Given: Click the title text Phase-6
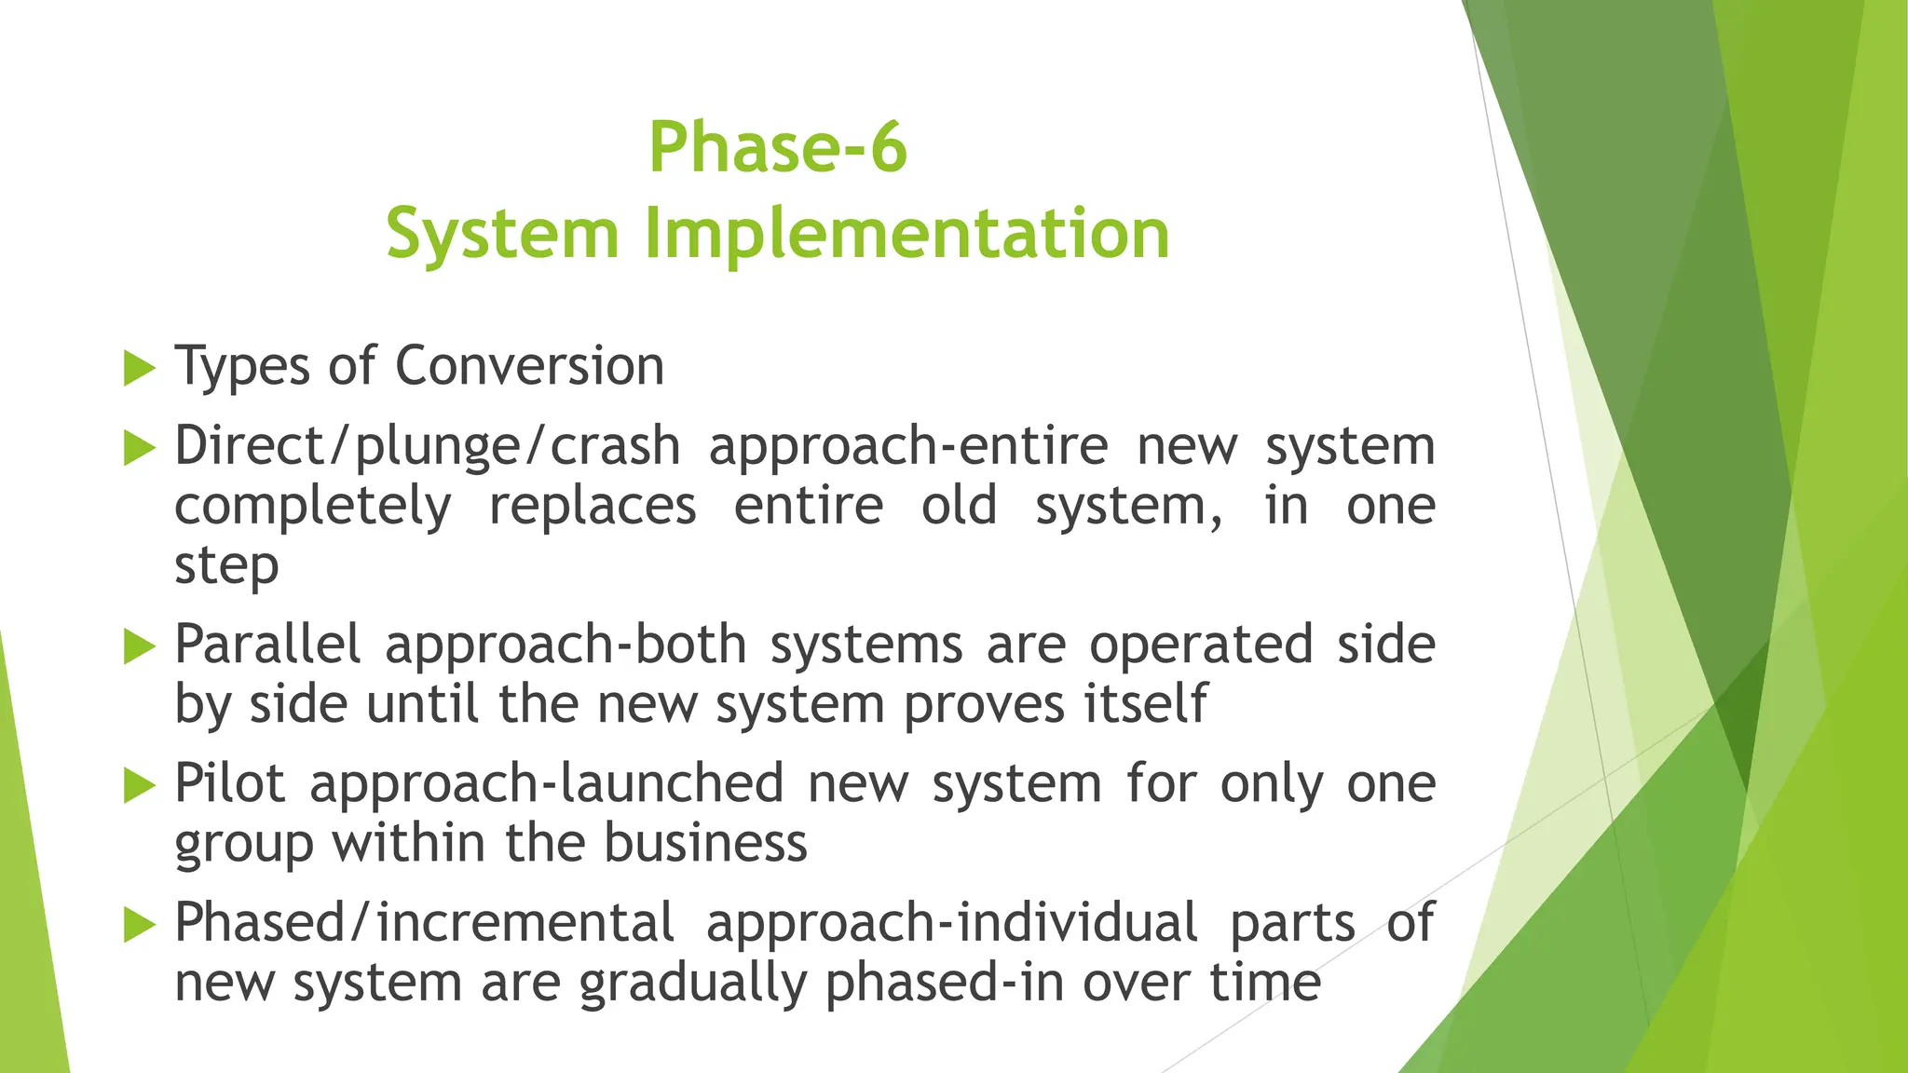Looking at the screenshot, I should tap(778, 147).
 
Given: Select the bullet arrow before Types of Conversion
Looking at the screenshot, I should tap(139, 368).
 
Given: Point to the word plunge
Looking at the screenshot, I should tap(438, 447).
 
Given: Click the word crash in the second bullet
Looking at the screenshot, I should tap(615, 446).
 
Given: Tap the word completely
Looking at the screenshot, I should tap(313, 508).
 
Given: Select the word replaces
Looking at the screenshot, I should tap(593, 506).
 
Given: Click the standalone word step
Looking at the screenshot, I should tap(226, 566).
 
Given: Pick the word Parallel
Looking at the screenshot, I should tap(267, 644).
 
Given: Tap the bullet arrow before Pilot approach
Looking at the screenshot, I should tap(139, 786).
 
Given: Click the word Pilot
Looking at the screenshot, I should tap(229, 782).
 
